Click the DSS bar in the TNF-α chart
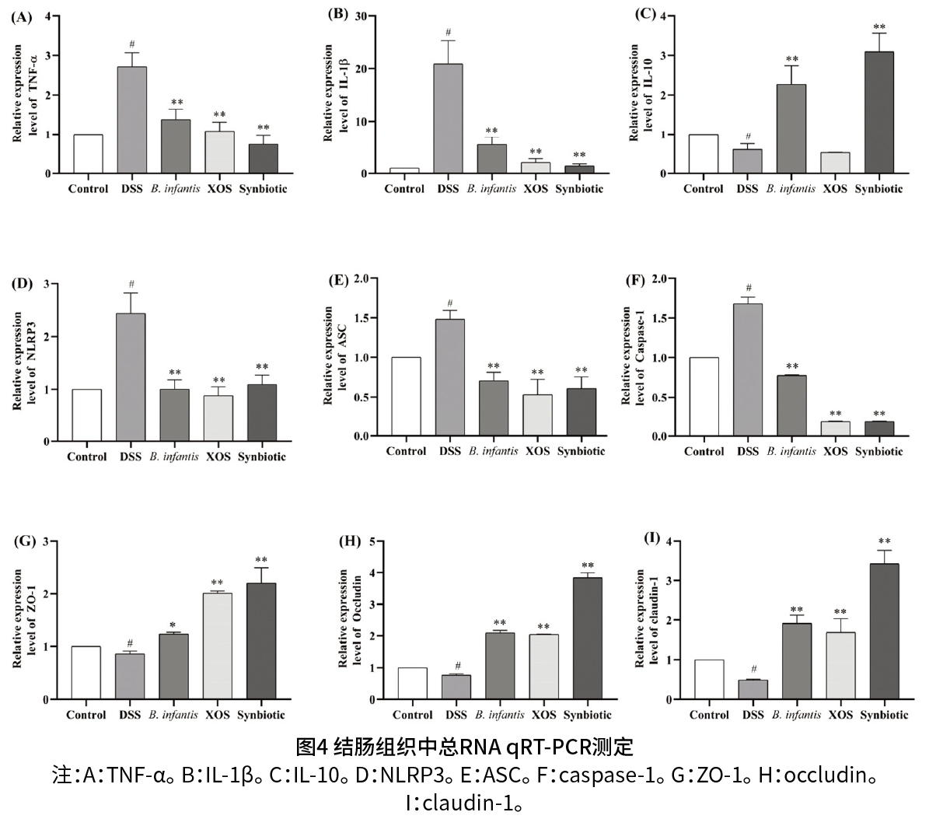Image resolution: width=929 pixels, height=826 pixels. pos(132,121)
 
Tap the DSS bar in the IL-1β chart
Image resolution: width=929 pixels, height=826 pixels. pos(449,119)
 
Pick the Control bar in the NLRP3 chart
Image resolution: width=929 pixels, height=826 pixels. pos(87,415)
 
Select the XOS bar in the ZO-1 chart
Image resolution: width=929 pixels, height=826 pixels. pos(217,646)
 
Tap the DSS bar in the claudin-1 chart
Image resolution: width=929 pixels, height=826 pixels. pos(753,690)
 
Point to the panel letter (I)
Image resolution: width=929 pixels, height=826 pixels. pos(653,538)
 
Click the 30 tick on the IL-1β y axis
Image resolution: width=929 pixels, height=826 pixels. pos(360,16)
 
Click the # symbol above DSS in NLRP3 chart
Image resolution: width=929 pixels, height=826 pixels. pos(131,284)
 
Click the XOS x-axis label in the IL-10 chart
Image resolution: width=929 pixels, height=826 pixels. pos(835,189)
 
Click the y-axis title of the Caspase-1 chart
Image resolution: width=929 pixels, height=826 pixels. pos(634,355)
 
